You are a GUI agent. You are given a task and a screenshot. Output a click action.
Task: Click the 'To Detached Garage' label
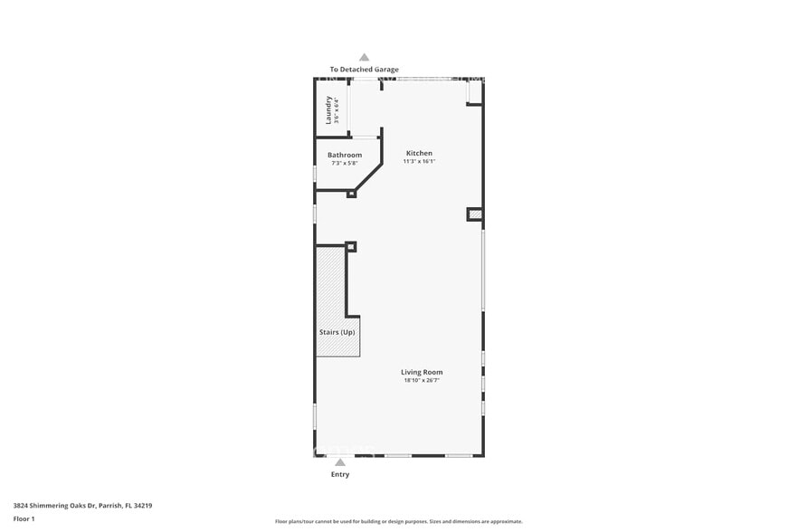364,70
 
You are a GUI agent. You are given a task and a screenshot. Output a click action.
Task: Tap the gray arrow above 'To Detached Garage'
364,57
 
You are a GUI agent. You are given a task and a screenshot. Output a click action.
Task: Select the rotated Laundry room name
329,109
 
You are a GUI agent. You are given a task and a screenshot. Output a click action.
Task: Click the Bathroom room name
345,155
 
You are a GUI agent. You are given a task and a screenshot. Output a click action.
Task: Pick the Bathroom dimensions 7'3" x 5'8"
345,163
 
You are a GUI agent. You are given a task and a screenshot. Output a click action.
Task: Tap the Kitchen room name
419,153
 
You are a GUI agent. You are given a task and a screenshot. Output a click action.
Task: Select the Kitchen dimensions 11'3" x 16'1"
419,161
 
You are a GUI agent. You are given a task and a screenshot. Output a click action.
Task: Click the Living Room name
422,372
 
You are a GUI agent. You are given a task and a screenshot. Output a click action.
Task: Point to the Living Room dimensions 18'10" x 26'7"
422,380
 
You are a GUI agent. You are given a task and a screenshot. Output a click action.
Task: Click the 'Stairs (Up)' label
337,332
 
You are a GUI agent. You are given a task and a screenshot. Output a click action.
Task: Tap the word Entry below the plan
340,474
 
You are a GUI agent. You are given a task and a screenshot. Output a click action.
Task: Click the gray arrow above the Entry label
340,462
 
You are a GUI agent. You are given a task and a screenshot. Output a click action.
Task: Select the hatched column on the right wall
475,214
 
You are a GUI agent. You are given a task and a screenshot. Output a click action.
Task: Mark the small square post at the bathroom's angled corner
352,193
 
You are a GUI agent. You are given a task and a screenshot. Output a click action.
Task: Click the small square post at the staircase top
351,246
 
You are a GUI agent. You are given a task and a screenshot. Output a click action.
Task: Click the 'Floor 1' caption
24,518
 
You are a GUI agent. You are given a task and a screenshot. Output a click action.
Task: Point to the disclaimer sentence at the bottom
398,521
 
